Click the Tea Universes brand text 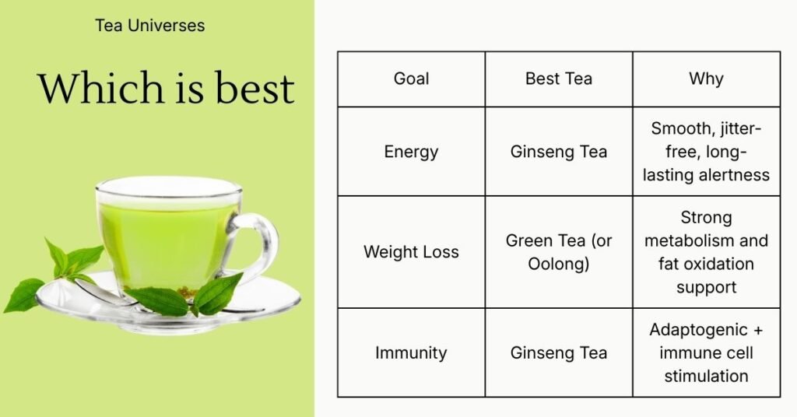(x=150, y=26)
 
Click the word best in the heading (x=255, y=87)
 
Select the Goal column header (x=411, y=79)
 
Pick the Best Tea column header (x=559, y=79)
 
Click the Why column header (x=706, y=79)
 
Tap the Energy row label (x=411, y=152)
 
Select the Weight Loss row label (x=411, y=252)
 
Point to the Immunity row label (x=411, y=353)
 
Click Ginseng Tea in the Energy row (x=559, y=152)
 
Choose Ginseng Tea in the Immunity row (x=559, y=353)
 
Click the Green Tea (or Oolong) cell (x=559, y=252)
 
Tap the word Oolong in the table (x=556, y=264)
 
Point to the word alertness (x=734, y=175)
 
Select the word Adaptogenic (x=698, y=331)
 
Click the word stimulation (x=706, y=377)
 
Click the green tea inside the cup (x=169, y=244)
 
